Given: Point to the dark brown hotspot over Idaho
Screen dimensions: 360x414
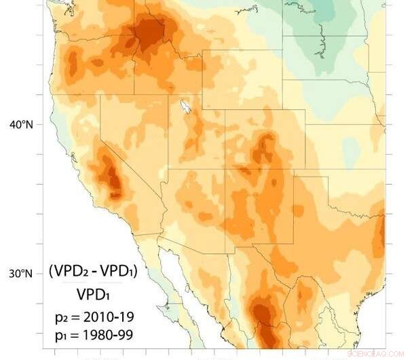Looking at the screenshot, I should [x=150, y=31].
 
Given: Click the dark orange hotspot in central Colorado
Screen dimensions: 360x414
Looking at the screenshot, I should [x=263, y=146].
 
